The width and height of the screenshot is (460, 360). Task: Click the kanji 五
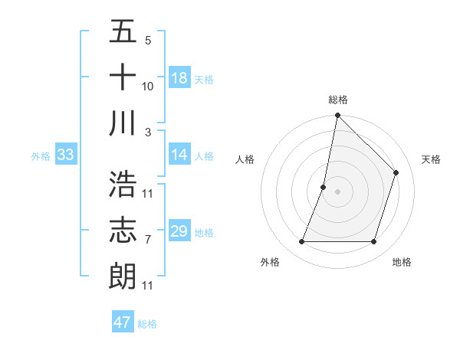pos(123,32)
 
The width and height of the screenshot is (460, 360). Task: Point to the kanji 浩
pos(123,184)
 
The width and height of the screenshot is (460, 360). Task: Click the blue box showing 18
pos(179,78)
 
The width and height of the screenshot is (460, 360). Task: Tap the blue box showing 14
pos(179,155)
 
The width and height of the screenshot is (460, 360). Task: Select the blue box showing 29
pos(179,231)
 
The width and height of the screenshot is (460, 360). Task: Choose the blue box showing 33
pos(65,155)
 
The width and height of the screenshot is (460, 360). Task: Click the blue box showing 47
pos(122,322)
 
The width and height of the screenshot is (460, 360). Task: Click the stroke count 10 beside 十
pos(148,87)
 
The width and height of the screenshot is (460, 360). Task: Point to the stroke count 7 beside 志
pos(148,240)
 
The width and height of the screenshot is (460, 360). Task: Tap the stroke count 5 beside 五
pos(148,41)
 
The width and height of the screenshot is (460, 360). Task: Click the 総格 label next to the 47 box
pos(147,324)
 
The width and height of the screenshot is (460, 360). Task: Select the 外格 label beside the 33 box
pos(41,156)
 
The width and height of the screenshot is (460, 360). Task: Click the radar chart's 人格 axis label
pos(245,159)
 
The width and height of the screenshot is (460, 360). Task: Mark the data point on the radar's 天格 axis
pos(396,172)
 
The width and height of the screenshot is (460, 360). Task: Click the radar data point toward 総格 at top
pos(337,116)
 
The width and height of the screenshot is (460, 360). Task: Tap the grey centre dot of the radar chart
pos(337,191)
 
